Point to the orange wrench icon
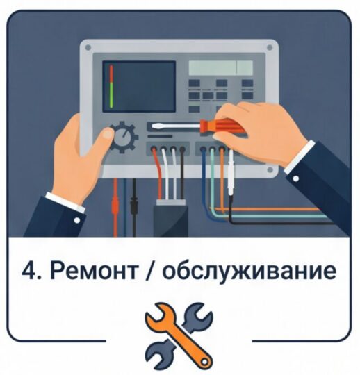coord(179,336)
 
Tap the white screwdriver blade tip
coord(153,126)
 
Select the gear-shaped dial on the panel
coord(123,137)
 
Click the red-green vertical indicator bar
coord(111,86)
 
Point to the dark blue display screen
coord(139,86)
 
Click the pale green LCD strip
coord(221,67)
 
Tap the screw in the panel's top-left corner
coord(88,48)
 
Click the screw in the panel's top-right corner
coord(270,47)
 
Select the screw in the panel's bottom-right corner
coord(270,170)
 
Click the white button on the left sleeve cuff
coord(77,220)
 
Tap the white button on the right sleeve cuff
coord(296,178)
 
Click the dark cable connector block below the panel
coord(171,218)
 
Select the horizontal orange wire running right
coord(266,209)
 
